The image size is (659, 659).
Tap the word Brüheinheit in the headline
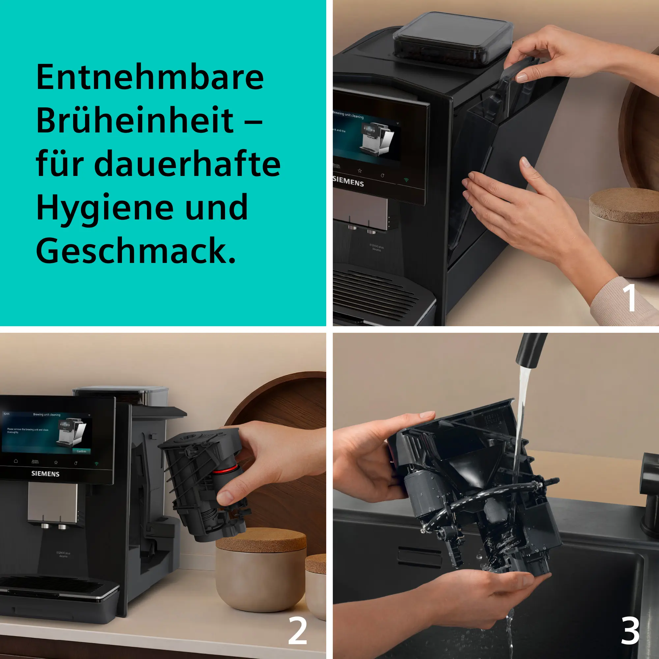(x=135, y=121)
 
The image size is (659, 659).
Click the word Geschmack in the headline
(x=131, y=251)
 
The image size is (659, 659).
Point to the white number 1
(x=629, y=298)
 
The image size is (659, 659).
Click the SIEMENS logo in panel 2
(x=45, y=474)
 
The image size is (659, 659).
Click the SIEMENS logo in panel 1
(x=348, y=182)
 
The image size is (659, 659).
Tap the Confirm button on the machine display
(x=81, y=451)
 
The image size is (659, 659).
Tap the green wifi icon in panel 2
(x=97, y=464)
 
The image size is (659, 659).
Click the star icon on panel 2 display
(x=56, y=463)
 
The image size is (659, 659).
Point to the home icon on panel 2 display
(x=16, y=461)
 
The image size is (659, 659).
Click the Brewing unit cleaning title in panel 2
(x=47, y=415)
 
